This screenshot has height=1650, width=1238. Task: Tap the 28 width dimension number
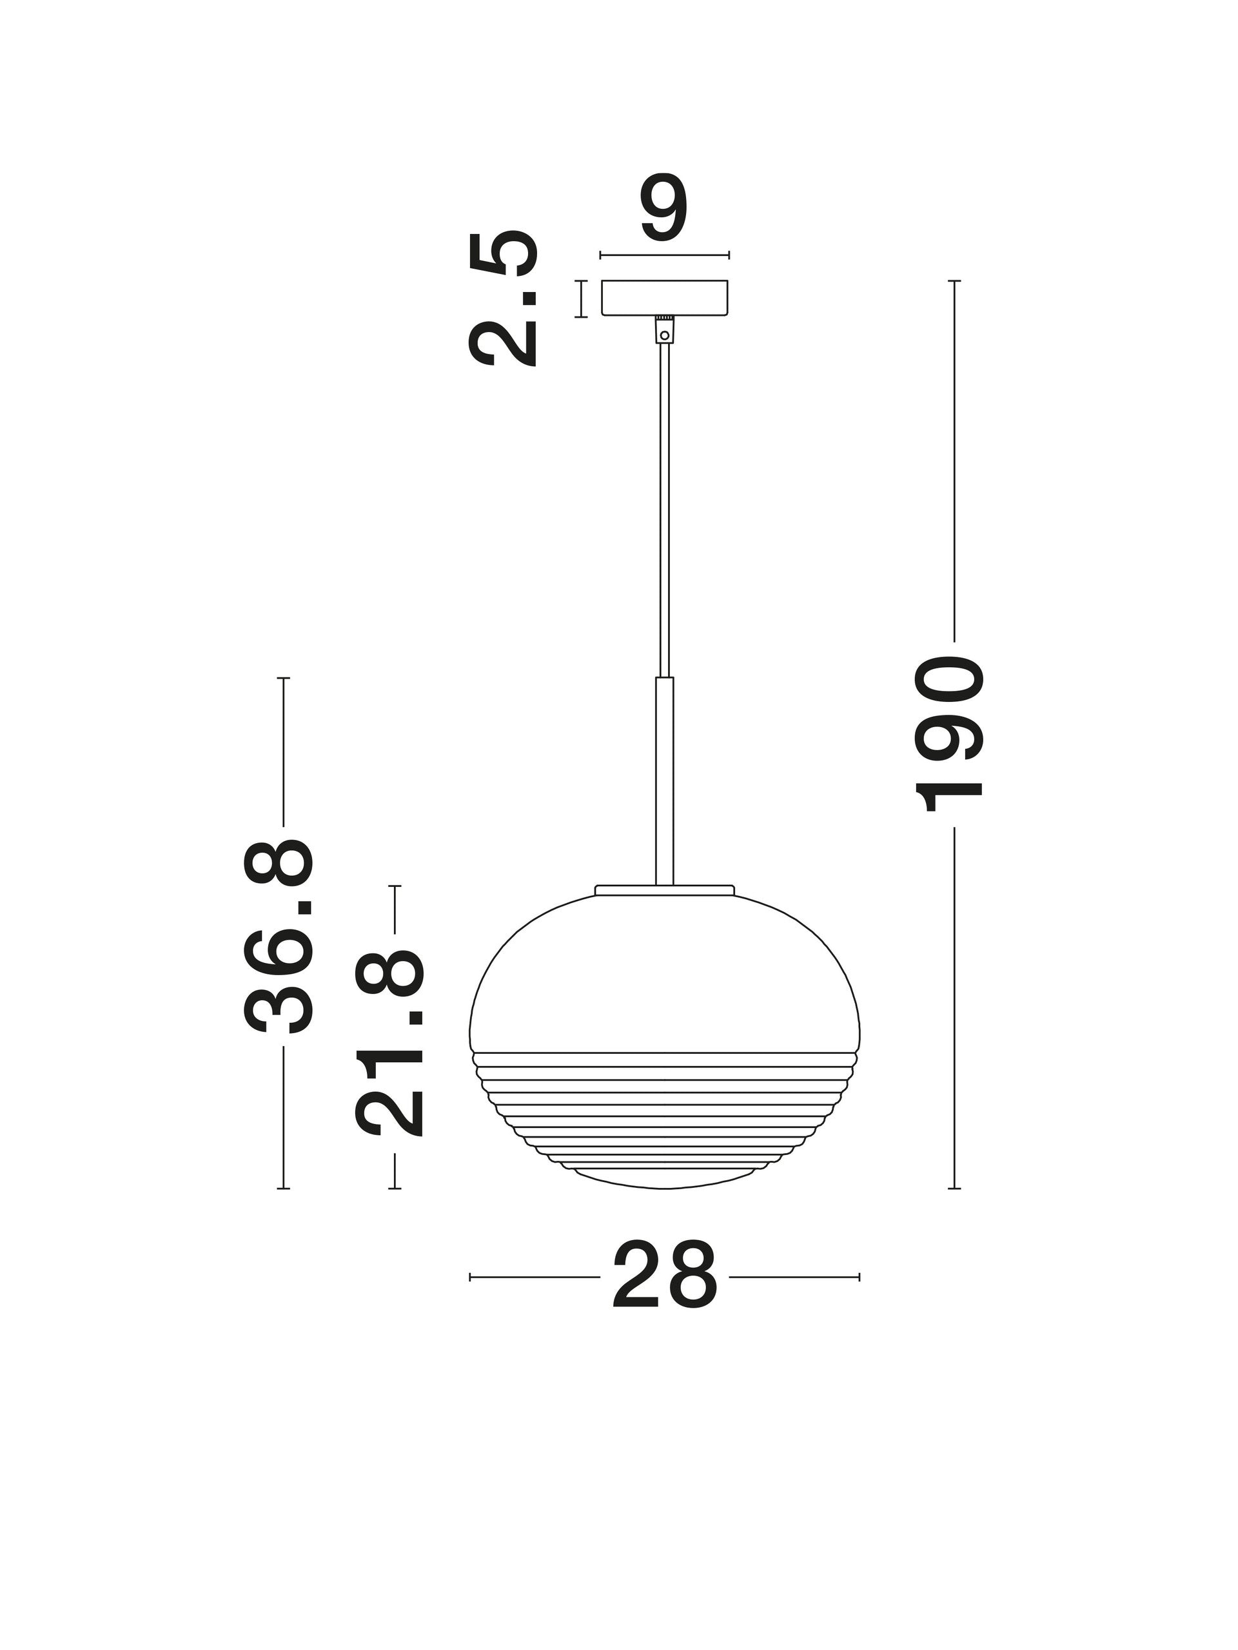tap(664, 1276)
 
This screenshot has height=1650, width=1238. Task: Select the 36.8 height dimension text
tap(275, 935)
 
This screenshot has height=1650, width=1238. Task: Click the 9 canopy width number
tap(663, 208)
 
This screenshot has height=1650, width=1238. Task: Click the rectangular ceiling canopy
tap(664, 298)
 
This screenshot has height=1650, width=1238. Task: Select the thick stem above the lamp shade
tap(664, 781)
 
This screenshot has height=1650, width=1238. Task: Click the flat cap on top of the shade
tap(664, 890)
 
